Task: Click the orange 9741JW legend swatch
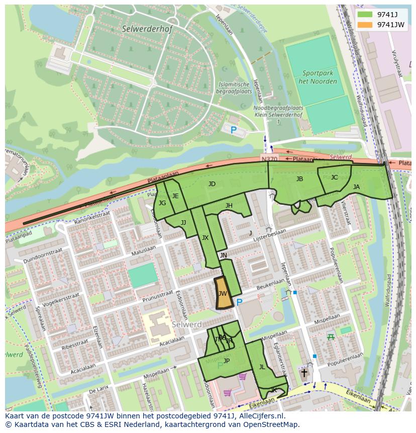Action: point(366,24)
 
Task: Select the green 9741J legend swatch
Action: point(366,14)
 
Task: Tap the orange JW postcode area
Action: point(223,294)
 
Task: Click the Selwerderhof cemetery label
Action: point(147,29)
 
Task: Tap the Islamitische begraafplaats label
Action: point(234,88)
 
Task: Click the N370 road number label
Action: point(269,159)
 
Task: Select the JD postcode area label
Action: point(212,184)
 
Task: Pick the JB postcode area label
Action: point(299,179)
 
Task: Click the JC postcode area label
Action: point(334,177)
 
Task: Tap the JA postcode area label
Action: point(356,187)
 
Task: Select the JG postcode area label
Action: point(162,203)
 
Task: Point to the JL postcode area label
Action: point(262,367)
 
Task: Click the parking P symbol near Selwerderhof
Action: point(233,130)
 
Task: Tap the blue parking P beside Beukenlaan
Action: point(240,302)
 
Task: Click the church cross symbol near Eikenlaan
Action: point(304,373)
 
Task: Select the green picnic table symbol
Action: point(330,337)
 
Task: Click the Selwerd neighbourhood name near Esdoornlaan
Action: point(186,324)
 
